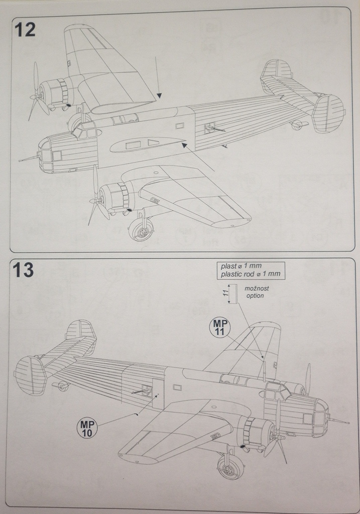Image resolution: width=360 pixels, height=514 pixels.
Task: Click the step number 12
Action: point(25,30)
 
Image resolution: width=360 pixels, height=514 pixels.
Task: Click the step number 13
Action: point(23,270)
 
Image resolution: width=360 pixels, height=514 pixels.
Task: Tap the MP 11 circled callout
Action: point(219,328)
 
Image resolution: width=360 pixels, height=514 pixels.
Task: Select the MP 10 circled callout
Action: point(86,428)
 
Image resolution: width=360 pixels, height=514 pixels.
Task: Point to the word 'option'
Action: point(255,296)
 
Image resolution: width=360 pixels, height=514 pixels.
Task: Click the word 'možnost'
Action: point(257,289)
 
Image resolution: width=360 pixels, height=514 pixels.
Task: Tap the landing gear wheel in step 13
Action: point(230,467)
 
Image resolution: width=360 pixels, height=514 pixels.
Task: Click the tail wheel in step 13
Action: point(63,385)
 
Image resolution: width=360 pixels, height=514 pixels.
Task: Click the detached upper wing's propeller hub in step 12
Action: point(36,96)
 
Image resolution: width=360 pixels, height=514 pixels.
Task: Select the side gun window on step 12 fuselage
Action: point(209,128)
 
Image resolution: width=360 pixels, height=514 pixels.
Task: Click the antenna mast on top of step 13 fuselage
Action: point(264,370)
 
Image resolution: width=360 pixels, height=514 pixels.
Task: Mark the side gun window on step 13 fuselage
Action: point(147,391)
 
